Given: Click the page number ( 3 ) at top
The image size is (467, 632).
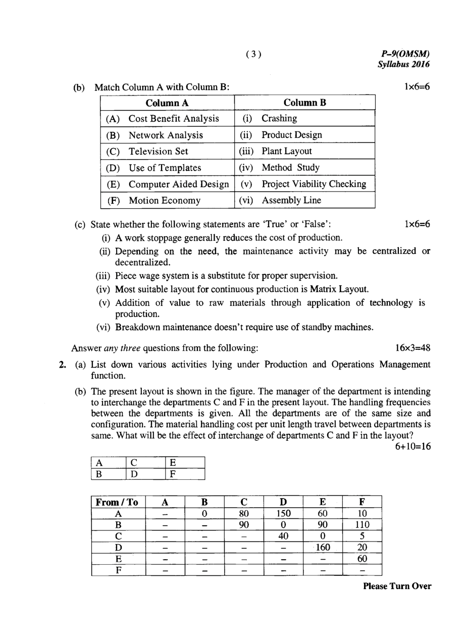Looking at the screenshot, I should [254, 54].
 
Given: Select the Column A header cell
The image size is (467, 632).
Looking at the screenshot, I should [167, 103].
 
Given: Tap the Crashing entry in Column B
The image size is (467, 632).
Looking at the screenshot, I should [279, 118].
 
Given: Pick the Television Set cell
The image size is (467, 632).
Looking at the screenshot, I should [158, 151].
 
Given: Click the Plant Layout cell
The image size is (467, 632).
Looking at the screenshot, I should [286, 151].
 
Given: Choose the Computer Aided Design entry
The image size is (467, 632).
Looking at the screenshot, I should [179, 184].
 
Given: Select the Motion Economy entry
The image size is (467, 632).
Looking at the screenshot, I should [165, 200].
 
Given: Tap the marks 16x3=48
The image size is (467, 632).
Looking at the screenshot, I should [412, 348].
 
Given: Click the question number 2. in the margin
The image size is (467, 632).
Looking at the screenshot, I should [63, 365].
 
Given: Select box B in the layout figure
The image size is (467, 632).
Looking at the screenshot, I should [99, 474].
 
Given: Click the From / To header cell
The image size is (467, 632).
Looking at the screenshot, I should [117, 502].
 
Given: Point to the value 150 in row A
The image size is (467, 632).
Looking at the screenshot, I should [283, 513].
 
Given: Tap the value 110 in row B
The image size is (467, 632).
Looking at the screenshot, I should [362, 524].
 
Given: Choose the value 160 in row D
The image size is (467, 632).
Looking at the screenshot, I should [323, 547].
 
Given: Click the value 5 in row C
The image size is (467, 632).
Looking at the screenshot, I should [362, 536].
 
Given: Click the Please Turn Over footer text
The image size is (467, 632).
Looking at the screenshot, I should [397, 586].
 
